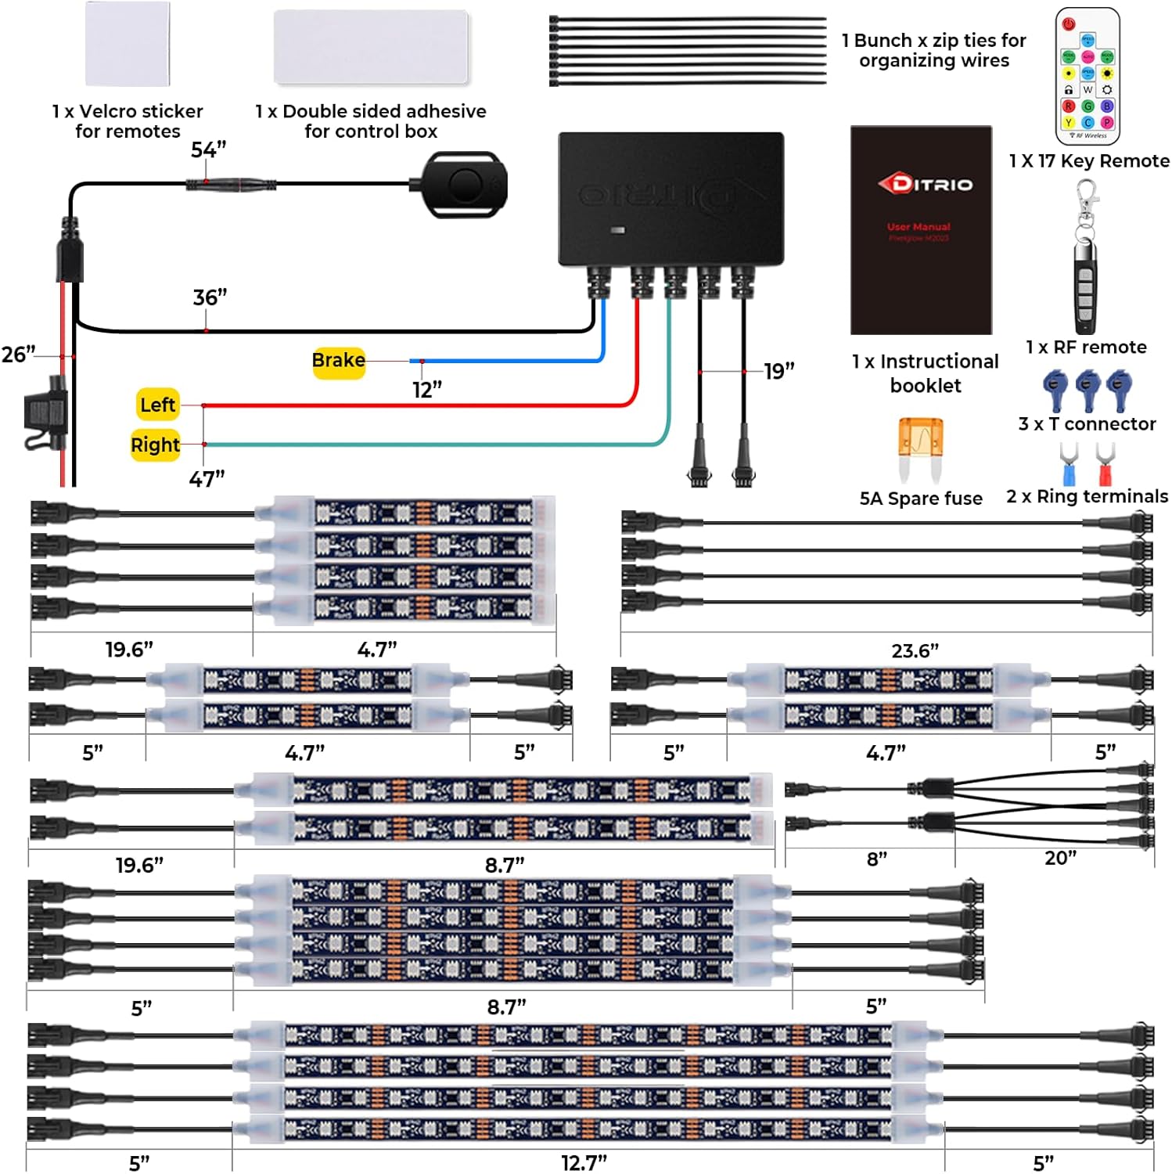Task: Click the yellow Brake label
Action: [339, 361]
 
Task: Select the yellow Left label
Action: [158, 405]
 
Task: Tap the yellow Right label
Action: [155, 445]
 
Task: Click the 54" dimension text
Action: [208, 149]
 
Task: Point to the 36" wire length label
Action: [210, 297]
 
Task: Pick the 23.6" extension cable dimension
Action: [915, 650]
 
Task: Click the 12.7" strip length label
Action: [584, 1162]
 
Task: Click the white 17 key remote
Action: [1088, 76]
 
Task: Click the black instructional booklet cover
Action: [921, 230]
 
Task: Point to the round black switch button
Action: [465, 185]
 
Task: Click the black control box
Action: [670, 199]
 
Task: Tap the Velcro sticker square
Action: [128, 44]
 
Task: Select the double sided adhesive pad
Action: [371, 47]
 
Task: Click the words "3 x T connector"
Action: [1087, 423]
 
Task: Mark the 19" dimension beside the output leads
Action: [778, 370]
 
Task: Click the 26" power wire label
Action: [18, 355]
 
